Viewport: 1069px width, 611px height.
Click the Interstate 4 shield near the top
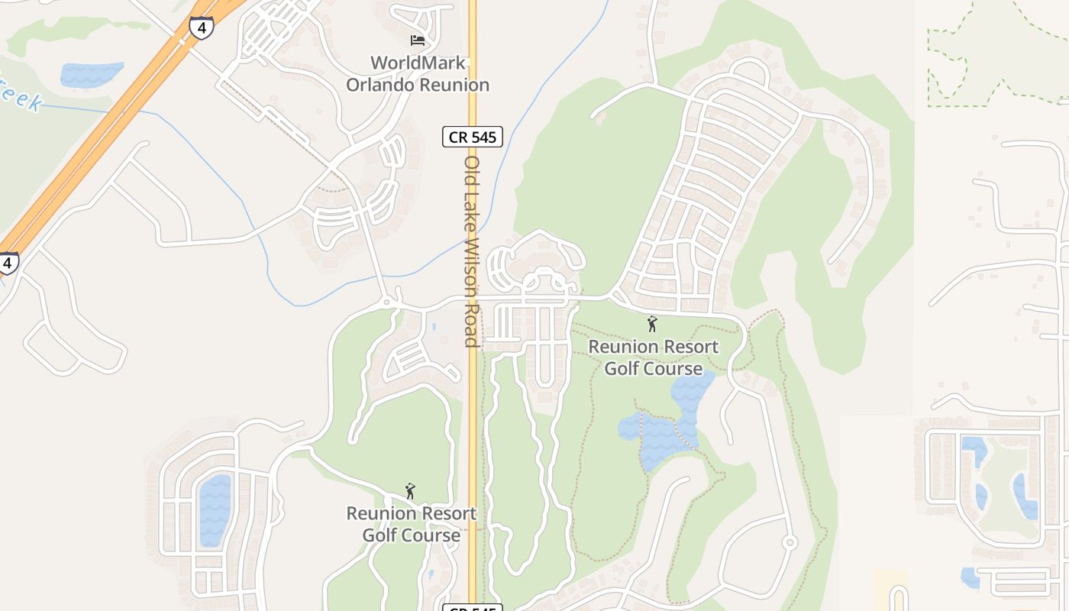coord(202,27)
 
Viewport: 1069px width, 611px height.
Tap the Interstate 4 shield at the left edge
coord(8,263)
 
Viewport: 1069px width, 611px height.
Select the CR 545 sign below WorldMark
coord(472,137)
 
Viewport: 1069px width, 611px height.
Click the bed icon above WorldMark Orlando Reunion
coord(417,40)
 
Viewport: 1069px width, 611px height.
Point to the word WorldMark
coord(418,63)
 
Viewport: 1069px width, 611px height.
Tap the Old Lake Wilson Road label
coord(472,252)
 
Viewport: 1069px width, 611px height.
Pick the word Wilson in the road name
coord(472,264)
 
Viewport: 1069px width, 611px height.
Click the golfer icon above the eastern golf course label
coord(651,325)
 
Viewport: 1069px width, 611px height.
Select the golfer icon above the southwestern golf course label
coord(410,491)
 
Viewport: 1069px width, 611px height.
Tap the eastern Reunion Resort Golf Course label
coord(653,357)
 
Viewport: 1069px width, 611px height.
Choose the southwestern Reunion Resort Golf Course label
coord(411,524)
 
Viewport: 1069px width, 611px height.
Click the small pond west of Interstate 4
coord(91,74)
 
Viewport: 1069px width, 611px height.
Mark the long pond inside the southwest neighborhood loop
coord(215,510)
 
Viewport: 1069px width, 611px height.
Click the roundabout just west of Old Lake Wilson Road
coord(386,302)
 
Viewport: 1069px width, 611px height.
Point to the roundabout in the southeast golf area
coord(790,542)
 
